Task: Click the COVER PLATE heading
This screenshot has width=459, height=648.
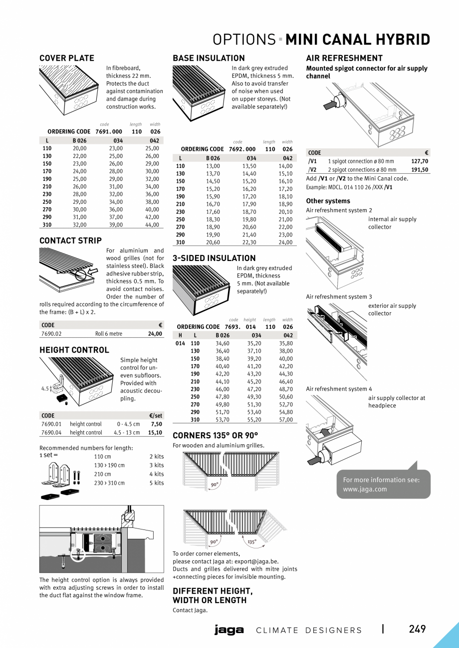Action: (67, 58)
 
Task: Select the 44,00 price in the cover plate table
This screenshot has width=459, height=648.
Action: (152, 225)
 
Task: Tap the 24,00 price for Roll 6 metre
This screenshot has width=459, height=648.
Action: (155, 334)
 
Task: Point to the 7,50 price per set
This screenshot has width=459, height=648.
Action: (156, 424)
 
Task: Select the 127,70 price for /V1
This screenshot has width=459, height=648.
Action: (419, 161)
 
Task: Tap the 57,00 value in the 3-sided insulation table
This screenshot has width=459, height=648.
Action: (286, 420)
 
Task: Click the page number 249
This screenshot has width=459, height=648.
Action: (417, 629)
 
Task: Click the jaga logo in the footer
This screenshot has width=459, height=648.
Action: (229, 630)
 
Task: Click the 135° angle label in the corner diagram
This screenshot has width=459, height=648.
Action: (252, 541)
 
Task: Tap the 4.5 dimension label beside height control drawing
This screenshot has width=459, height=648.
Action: (44, 389)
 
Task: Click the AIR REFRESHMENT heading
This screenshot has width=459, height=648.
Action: (344, 58)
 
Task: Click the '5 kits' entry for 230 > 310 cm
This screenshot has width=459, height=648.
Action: (156, 483)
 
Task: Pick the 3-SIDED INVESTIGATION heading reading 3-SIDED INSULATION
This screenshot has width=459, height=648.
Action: (214, 258)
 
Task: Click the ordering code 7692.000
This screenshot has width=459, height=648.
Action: (242, 149)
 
